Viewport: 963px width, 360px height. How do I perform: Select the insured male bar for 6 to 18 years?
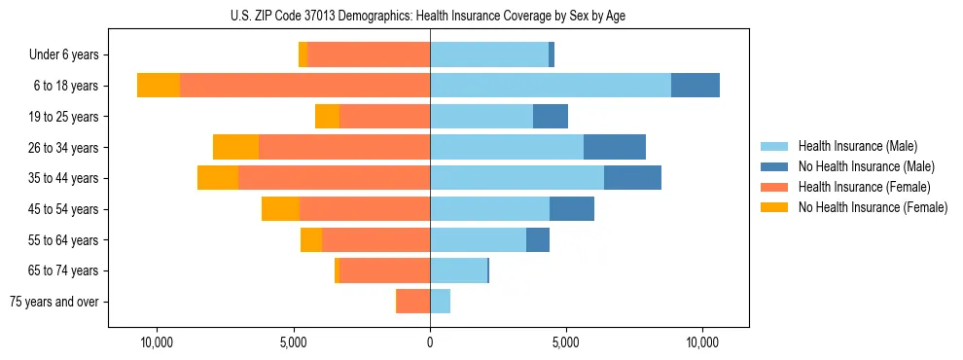pyautogui.click(x=551, y=86)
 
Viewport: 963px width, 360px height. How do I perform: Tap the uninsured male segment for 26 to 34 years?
pyautogui.click(x=615, y=147)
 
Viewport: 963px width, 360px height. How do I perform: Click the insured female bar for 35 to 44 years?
pyautogui.click(x=334, y=178)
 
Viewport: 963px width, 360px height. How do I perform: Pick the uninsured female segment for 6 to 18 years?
pyautogui.click(x=159, y=86)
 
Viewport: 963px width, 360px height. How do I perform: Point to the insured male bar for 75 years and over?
pyautogui.click(x=440, y=302)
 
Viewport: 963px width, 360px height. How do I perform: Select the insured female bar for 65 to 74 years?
pyautogui.click(x=384, y=270)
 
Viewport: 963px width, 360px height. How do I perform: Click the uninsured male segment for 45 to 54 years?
pyautogui.click(x=572, y=209)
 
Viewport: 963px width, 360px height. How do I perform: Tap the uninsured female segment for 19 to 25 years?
pyautogui.click(x=327, y=117)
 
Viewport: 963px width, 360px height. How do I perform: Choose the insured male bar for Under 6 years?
pyautogui.click(x=489, y=54)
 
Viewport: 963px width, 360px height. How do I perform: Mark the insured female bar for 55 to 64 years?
pyautogui.click(x=375, y=240)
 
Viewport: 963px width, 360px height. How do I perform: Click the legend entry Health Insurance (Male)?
pyautogui.click(x=857, y=146)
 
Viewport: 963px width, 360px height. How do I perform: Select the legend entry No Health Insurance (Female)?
pyautogui.click(x=873, y=207)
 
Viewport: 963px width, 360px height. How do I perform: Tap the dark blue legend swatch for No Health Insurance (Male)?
pyautogui.click(x=774, y=166)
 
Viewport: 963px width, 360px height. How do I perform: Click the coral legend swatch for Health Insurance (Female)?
pyautogui.click(x=774, y=187)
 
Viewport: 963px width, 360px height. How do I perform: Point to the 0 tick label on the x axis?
pyautogui.click(x=430, y=342)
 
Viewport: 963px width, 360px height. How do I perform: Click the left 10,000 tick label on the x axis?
pyautogui.click(x=157, y=342)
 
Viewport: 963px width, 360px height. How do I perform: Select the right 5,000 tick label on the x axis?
pyautogui.click(x=566, y=342)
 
